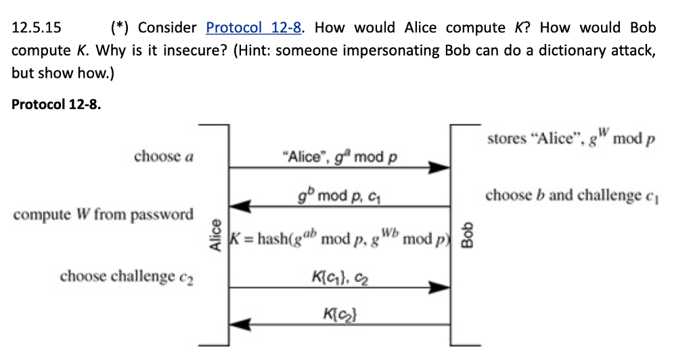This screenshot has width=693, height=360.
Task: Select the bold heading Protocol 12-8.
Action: tap(57, 105)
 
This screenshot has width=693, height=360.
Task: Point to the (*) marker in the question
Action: tap(121, 28)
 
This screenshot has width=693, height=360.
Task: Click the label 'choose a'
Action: tap(164, 156)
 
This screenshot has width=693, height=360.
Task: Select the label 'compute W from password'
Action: tap(104, 215)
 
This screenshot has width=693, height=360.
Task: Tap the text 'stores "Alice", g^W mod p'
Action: tap(571, 139)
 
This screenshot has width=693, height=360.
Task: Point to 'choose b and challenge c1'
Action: tap(571, 196)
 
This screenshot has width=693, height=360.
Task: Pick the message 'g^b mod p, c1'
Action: tap(340, 196)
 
